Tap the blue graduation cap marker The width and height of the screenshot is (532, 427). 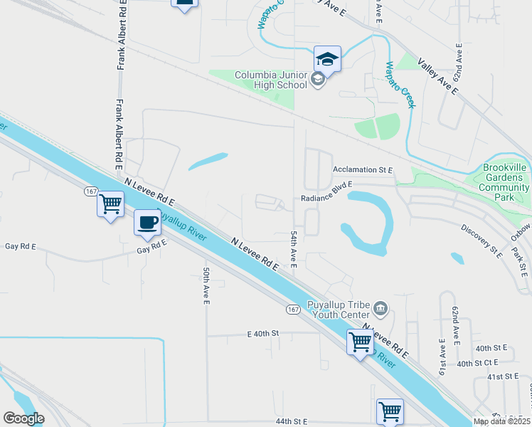click(327, 59)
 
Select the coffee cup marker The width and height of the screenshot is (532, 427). click(147, 222)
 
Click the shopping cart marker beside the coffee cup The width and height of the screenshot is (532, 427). click(110, 204)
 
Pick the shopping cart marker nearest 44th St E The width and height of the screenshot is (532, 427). click(390, 411)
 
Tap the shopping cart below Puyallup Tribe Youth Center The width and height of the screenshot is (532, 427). click(360, 342)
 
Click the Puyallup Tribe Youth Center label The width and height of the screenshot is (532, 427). click(338, 310)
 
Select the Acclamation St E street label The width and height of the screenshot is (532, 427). click(363, 170)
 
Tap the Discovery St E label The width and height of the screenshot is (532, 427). click(481, 241)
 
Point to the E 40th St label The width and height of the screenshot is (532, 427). click(264, 333)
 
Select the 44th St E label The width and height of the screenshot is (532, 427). click(289, 421)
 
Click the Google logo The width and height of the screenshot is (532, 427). click(23, 418)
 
